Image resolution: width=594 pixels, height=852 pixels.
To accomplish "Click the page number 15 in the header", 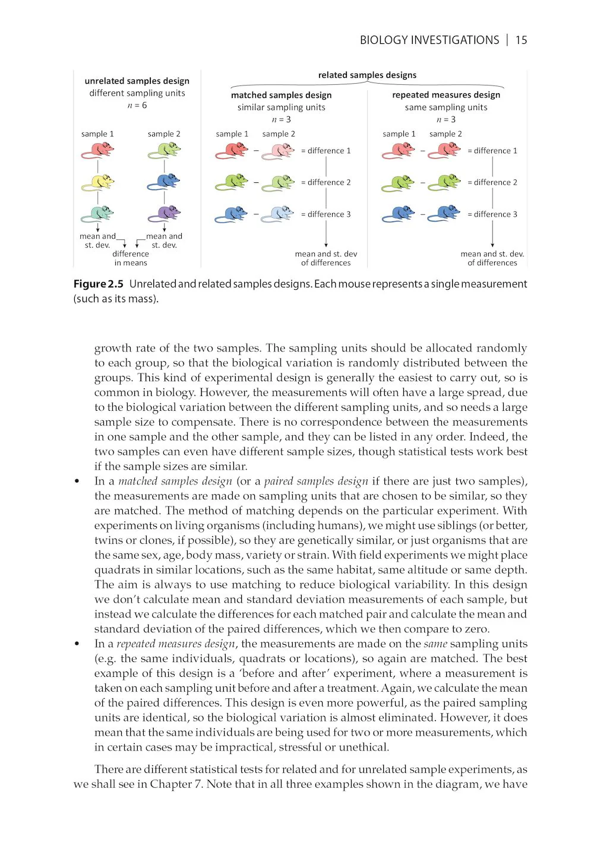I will coord(521,40).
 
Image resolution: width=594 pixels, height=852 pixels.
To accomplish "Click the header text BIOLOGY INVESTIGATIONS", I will coord(429,40).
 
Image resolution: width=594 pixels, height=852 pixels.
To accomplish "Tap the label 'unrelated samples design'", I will coord(137,81).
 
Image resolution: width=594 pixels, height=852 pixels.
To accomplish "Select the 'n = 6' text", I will coord(137,105).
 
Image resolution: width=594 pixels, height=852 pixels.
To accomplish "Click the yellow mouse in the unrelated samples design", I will coord(98,181).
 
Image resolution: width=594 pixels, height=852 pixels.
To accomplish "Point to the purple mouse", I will coord(165,213).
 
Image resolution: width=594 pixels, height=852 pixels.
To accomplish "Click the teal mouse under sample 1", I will coord(98,213).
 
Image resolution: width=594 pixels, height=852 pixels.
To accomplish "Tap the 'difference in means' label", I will coord(131,258).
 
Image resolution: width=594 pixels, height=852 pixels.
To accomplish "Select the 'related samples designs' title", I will coord(367,75).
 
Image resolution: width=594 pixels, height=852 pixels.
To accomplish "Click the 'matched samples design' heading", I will coord(281,95).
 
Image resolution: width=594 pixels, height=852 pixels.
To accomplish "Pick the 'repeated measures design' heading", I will coord(446,95).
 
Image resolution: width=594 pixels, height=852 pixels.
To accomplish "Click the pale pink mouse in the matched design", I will coord(278,150).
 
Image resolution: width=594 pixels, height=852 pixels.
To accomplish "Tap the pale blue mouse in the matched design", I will coord(278,214).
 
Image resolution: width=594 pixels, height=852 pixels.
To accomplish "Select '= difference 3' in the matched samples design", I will coord(326,214).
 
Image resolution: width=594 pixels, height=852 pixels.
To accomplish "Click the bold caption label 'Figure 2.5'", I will coord(98,284).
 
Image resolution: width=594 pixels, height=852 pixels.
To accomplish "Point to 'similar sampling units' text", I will coord(281,107).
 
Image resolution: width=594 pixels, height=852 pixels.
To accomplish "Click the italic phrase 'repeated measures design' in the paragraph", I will coord(176,644).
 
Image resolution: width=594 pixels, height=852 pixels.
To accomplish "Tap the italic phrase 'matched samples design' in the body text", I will coord(175,481).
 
